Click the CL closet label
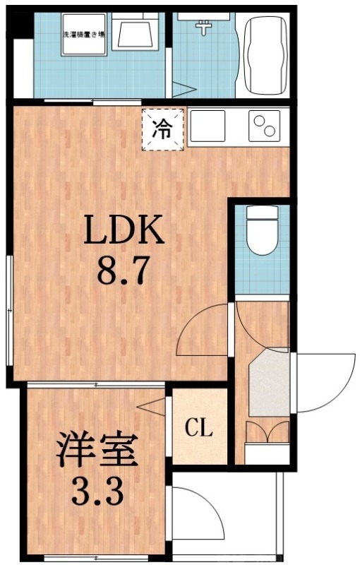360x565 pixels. click(199, 428)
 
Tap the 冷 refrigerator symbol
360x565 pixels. click(163, 129)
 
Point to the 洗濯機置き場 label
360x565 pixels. click(83, 34)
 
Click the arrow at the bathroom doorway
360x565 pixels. click(182, 89)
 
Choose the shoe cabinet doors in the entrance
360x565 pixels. click(267, 432)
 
